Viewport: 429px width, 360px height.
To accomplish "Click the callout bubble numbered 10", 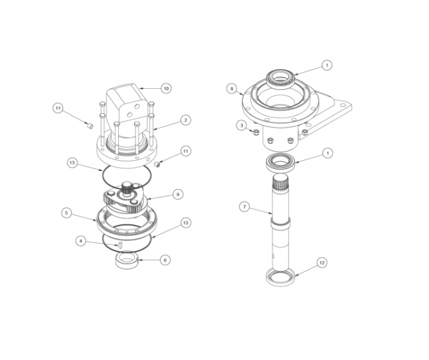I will [x=166, y=88].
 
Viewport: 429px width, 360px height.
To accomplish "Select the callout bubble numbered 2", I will [x=184, y=120].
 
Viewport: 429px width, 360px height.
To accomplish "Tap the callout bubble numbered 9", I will [x=178, y=193].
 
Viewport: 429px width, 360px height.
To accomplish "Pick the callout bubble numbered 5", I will [x=66, y=212].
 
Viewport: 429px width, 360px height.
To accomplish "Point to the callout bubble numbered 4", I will [x=80, y=241].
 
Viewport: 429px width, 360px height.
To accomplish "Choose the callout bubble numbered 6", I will [x=166, y=260].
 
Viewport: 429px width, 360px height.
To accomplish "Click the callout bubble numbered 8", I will [x=232, y=88].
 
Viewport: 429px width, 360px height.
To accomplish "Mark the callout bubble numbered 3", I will [x=241, y=125].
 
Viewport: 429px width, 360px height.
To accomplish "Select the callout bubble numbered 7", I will [x=244, y=207].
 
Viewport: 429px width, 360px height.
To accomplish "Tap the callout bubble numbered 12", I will [x=321, y=262].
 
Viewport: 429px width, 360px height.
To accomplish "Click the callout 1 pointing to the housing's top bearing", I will [x=327, y=65].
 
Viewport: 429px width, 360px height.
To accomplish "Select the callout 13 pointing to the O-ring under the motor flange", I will [x=73, y=163].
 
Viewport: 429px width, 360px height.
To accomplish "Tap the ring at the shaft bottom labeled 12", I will [x=281, y=278].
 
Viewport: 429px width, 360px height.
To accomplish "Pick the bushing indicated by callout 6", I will [x=127, y=261].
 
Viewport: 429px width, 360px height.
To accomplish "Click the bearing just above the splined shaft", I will [x=280, y=163].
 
